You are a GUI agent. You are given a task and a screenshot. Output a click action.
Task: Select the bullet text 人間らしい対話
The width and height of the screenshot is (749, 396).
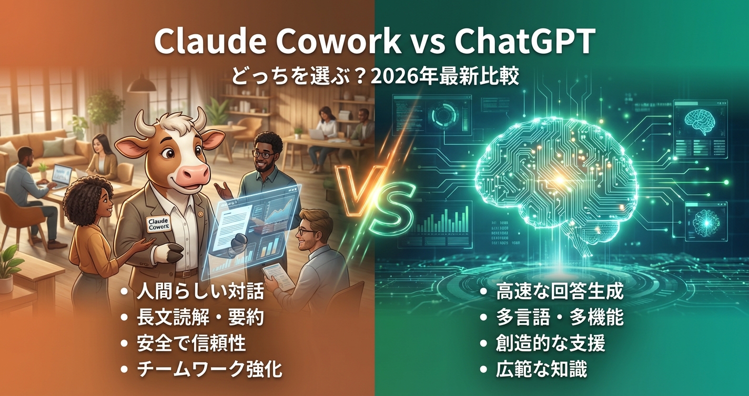click(200, 293)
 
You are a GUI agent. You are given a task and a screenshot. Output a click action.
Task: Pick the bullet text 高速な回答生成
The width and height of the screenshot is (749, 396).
click(560, 293)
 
